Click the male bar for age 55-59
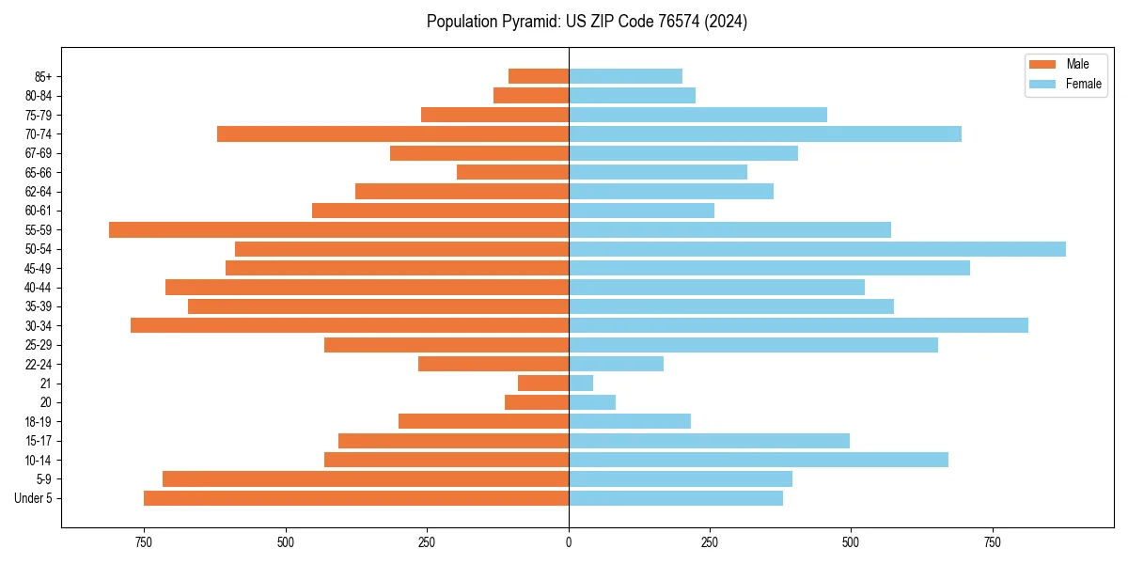coord(338,229)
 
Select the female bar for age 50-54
coord(817,249)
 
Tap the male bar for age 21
coord(543,384)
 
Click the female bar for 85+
coord(625,76)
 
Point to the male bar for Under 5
coord(356,498)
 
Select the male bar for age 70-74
coord(393,134)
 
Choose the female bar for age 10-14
coord(759,460)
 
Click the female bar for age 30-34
coord(798,325)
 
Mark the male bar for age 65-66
coord(512,172)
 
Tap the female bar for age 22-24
coord(616,364)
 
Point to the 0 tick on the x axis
coord(569,542)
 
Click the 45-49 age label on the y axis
coord(39,268)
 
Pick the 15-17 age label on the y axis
coord(39,441)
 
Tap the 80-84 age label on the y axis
coord(39,96)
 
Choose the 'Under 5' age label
coord(34,498)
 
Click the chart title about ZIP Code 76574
coord(587,22)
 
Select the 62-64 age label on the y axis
coord(39,192)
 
